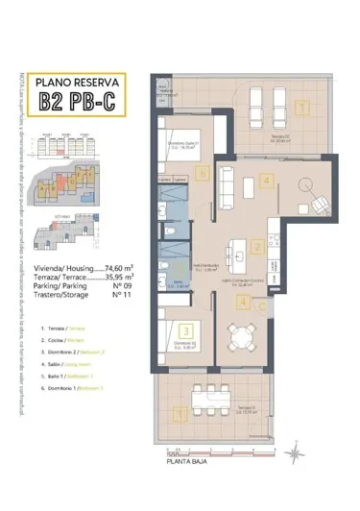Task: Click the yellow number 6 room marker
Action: pos(201,174)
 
